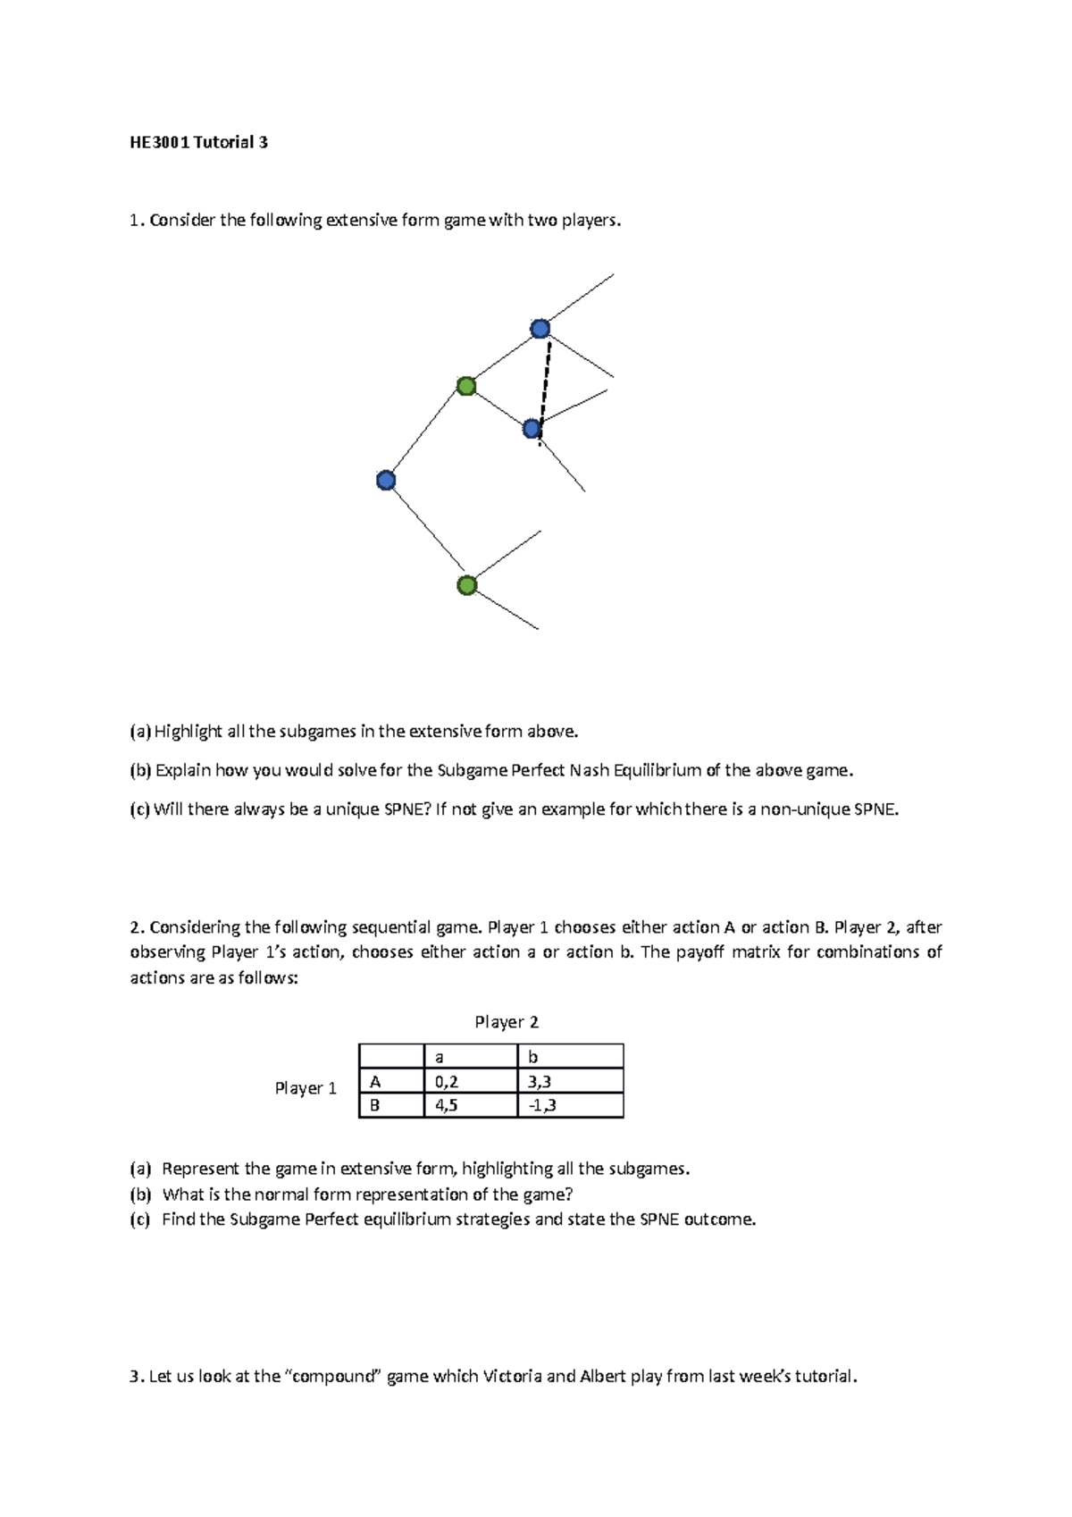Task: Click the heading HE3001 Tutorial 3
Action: point(198,142)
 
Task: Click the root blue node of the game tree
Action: point(386,481)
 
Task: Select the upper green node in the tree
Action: point(466,386)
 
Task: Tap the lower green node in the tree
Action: point(466,585)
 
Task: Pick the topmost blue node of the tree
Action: point(540,329)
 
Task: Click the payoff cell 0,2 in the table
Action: point(447,1081)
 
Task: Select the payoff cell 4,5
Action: point(447,1105)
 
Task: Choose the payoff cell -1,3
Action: point(542,1105)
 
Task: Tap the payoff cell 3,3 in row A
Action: point(540,1081)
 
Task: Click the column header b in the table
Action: point(533,1057)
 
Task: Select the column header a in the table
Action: point(439,1057)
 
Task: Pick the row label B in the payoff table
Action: point(375,1105)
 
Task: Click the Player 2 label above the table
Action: point(507,1022)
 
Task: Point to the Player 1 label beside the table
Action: point(306,1088)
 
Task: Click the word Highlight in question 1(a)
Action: point(188,732)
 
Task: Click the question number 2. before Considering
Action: point(137,927)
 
